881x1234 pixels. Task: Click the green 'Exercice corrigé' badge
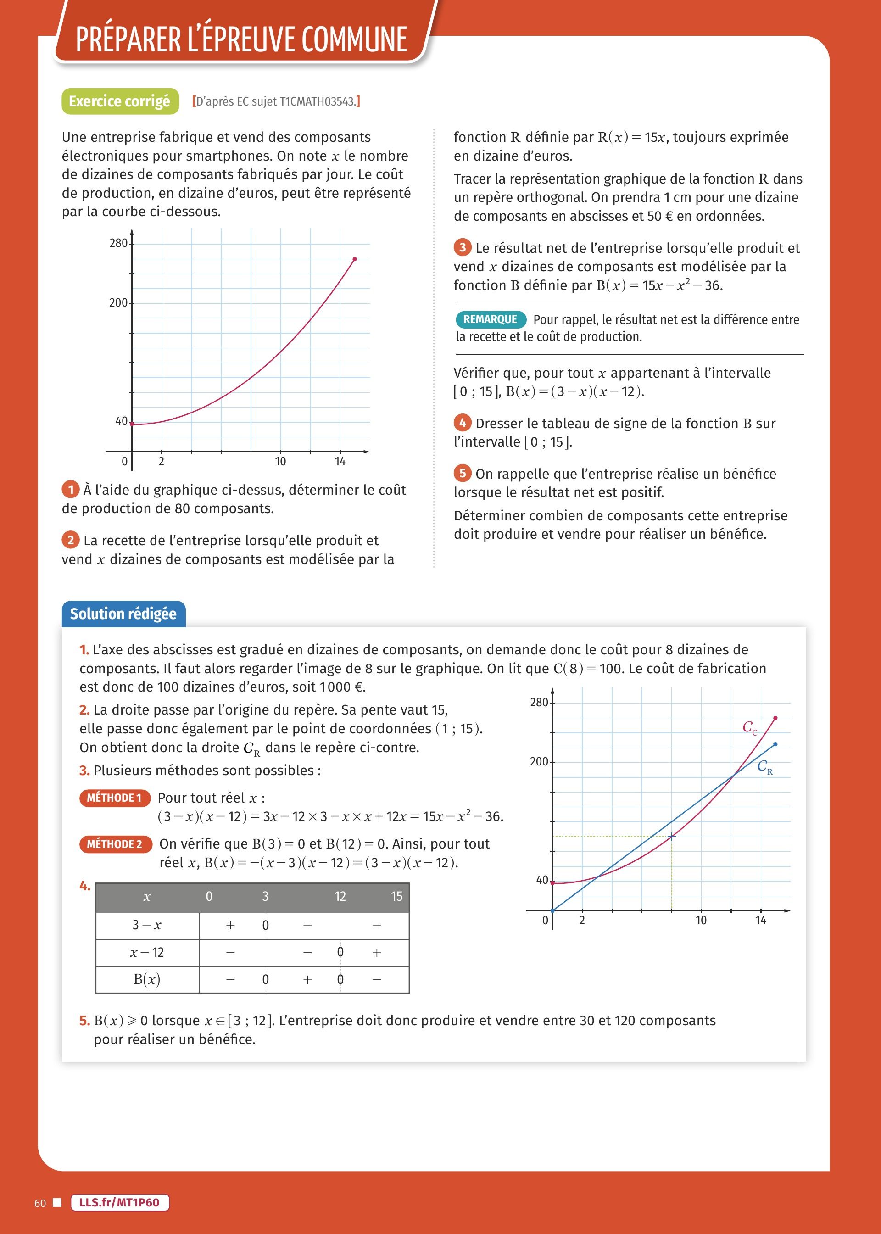[x=120, y=101]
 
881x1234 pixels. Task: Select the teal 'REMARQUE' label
[x=491, y=319]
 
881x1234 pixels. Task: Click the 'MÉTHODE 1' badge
[x=114, y=798]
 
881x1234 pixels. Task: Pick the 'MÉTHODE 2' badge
[x=114, y=844]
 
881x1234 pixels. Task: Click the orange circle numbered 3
[x=462, y=248]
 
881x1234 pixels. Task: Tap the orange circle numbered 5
[x=462, y=473]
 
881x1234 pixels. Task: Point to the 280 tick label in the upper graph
[x=118, y=243]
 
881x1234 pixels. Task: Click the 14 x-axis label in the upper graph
[x=340, y=462]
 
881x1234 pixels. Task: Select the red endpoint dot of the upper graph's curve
[x=355, y=259]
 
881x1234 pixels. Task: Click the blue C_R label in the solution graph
[x=765, y=767]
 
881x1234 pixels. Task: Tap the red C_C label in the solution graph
[x=750, y=728]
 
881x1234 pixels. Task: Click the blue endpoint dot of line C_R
[x=775, y=744]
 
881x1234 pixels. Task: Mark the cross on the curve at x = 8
[x=672, y=837]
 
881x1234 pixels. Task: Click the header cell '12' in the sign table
[x=340, y=897]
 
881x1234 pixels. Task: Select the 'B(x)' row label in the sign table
[x=147, y=979]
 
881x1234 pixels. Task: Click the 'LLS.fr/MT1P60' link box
[x=119, y=1202]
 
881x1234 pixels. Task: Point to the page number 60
[x=40, y=1203]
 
